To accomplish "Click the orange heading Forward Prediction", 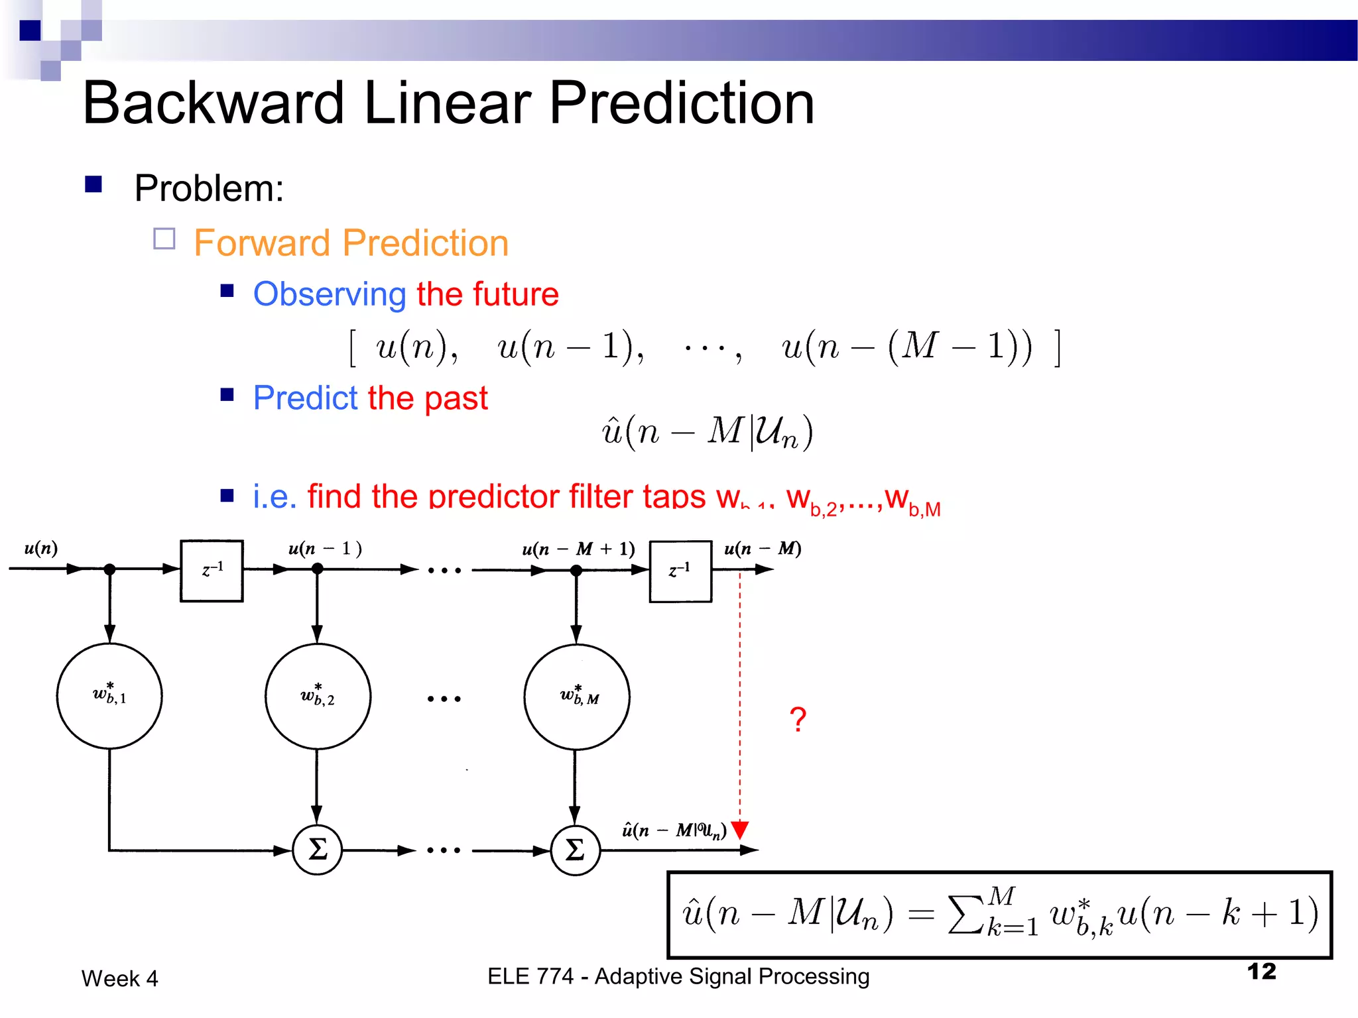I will (351, 243).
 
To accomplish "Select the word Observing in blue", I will (330, 294).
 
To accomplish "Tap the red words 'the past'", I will (428, 398).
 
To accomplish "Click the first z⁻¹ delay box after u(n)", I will (212, 571).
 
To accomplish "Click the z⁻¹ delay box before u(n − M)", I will (680, 571).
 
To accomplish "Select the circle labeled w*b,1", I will (109, 696).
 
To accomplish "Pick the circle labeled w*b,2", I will (318, 696).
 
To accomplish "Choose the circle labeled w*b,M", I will (576, 697).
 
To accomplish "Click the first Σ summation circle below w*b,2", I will (318, 850).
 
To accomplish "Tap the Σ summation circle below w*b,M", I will (575, 850).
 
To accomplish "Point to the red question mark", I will (798, 720).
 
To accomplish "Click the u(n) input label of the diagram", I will (41, 548).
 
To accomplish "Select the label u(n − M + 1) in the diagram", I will (578, 549).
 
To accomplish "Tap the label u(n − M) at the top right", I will (763, 549).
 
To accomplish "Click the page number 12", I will (1261, 972).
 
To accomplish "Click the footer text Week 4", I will (119, 979).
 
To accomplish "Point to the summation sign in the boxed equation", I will (965, 915).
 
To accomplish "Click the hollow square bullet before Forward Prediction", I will (164, 239).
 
